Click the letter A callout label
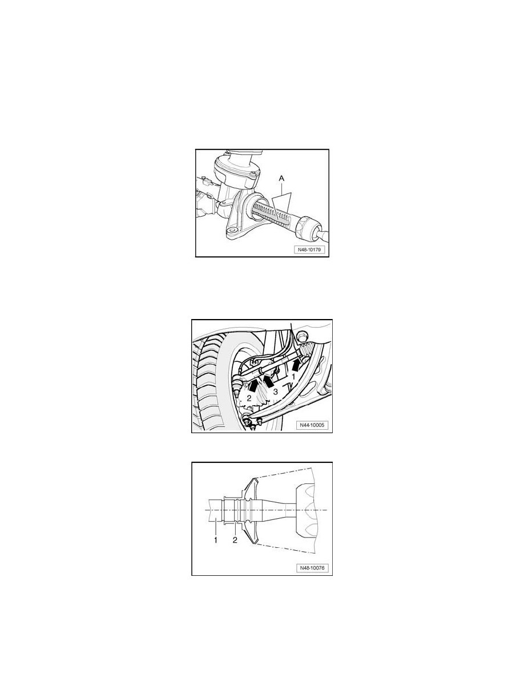point(282,178)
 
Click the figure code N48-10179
point(309,249)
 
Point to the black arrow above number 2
point(254,384)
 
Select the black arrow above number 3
point(268,381)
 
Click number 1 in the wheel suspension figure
point(293,377)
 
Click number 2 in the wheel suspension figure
point(249,398)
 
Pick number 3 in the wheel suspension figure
point(275,392)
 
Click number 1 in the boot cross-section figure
point(215,540)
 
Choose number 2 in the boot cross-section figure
point(235,540)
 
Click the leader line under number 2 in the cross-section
point(235,529)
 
